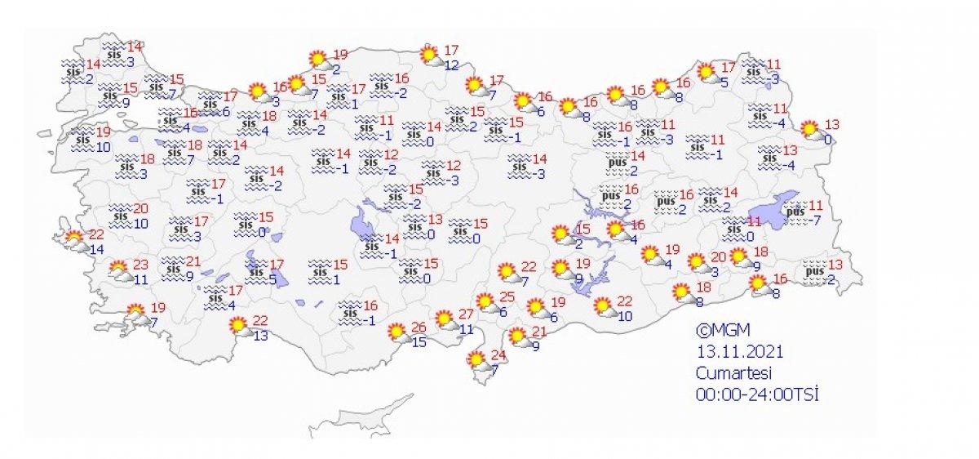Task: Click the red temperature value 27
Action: click(x=466, y=315)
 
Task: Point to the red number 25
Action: click(x=508, y=297)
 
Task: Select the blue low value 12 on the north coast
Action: click(x=452, y=65)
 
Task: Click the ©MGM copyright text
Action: click(x=722, y=331)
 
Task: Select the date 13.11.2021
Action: click(x=740, y=352)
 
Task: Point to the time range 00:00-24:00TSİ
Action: click(x=757, y=394)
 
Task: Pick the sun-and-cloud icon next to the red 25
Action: click(x=489, y=303)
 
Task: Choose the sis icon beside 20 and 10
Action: click(x=120, y=216)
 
